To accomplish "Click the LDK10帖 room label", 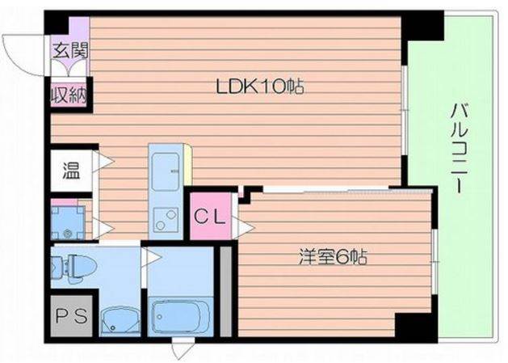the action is pyautogui.click(x=260, y=87).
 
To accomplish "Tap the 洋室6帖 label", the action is pyautogui.click(x=333, y=257).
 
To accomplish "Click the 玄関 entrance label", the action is pyautogui.click(x=70, y=51).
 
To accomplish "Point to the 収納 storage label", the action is pyautogui.click(x=69, y=95).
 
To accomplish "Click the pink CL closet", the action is pyautogui.click(x=211, y=216).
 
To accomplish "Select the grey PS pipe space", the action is pyautogui.click(x=72, y=315).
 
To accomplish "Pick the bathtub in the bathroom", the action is pyautogui.click(x=181, y=317).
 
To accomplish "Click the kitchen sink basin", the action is pyautogui.click(x=166, y=172).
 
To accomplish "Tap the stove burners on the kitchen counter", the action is pyautogui.click(x=166, y=220).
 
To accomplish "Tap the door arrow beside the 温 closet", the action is pyautogui.click(x=103, y=161).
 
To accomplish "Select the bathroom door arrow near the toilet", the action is pyautogui.click(x=151, y=258).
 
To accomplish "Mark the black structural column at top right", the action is pyautogui.click(x=422, y=26).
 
